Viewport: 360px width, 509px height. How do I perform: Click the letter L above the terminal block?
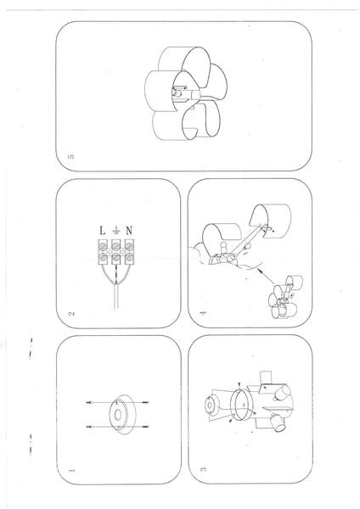click(x=103, y=231)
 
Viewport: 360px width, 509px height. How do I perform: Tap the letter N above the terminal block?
click(x=129, y=231)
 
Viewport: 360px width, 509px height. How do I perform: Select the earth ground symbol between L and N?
click(x=115, y=231)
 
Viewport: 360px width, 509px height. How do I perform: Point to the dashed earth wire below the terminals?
click(x=116, y=274)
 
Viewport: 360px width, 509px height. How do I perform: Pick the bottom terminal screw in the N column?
click(x=129, y=259)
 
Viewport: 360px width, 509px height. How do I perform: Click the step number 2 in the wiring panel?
click(x=71, y=314)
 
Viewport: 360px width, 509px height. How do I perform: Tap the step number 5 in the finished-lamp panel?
click(x=71, y=156)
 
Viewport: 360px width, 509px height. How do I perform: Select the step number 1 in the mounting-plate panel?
click(x=71, y=470)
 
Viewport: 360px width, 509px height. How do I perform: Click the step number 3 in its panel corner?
click(x=204, y=469)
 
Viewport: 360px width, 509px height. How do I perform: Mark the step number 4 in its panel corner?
click(x=203, y=313)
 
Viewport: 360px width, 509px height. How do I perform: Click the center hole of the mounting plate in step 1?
click(x=118, y=415)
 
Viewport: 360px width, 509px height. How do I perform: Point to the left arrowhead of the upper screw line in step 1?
click(x=88, y=402)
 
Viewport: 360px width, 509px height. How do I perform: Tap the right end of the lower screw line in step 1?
click(x=148, y=426)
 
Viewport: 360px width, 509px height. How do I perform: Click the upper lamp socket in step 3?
click(x=282, y=393)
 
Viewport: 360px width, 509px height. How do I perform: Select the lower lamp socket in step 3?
click(x=278, y=423)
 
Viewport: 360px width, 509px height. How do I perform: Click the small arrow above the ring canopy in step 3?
click(x=239, y=385)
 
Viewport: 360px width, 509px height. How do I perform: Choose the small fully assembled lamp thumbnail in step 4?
click(x=285, y=297)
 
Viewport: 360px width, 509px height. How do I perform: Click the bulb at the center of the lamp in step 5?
click(x=177, y=93)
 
